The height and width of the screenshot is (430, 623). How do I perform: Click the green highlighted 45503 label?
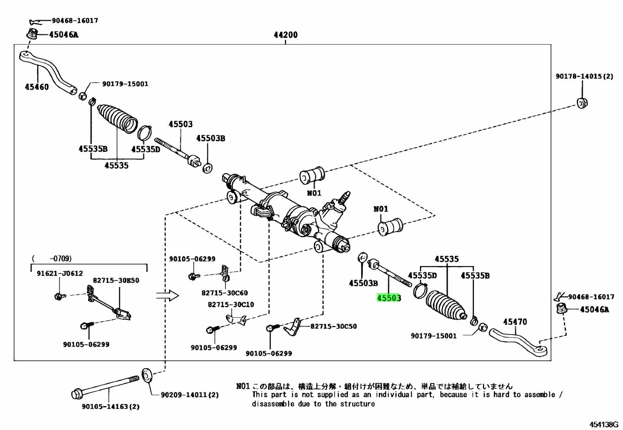click(x=389, y=298)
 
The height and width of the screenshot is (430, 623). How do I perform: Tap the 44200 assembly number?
click(x=286, y=35)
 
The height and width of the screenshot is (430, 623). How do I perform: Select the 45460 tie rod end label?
click(x=37, y=87)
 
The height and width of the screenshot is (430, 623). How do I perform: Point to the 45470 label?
click(x=515, y=322)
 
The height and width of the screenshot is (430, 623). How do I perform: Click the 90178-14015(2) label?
click(x=584, y=76)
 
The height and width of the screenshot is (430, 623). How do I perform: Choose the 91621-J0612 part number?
click(x=60, y=273)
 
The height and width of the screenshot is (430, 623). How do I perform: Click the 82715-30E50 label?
click(x=116, y=281)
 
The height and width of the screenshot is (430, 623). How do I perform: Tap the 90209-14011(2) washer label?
click(x=190, y=395)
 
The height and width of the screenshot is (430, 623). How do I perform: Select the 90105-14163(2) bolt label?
click(x=111, y=407)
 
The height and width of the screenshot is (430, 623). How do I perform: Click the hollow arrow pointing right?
click(x=167, y=295)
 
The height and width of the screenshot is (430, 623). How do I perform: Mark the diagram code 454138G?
click(x=604, y=425)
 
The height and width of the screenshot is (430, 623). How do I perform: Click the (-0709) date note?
click(x=52, y=259)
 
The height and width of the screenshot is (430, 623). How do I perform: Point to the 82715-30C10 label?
click(x=231, y=304)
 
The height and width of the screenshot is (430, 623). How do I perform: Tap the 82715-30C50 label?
click(x=333, y=326)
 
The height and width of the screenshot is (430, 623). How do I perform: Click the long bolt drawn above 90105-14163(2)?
click(x=105, y=387)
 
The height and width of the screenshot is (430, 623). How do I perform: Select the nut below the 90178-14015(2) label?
click(x=582, y=103)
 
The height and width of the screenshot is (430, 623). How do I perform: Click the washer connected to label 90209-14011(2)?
click(x=147, y=375)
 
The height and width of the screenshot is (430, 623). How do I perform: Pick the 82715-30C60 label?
click(x=225, y=293)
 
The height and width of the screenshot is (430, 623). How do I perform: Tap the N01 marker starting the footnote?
click(x=243, y=386)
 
